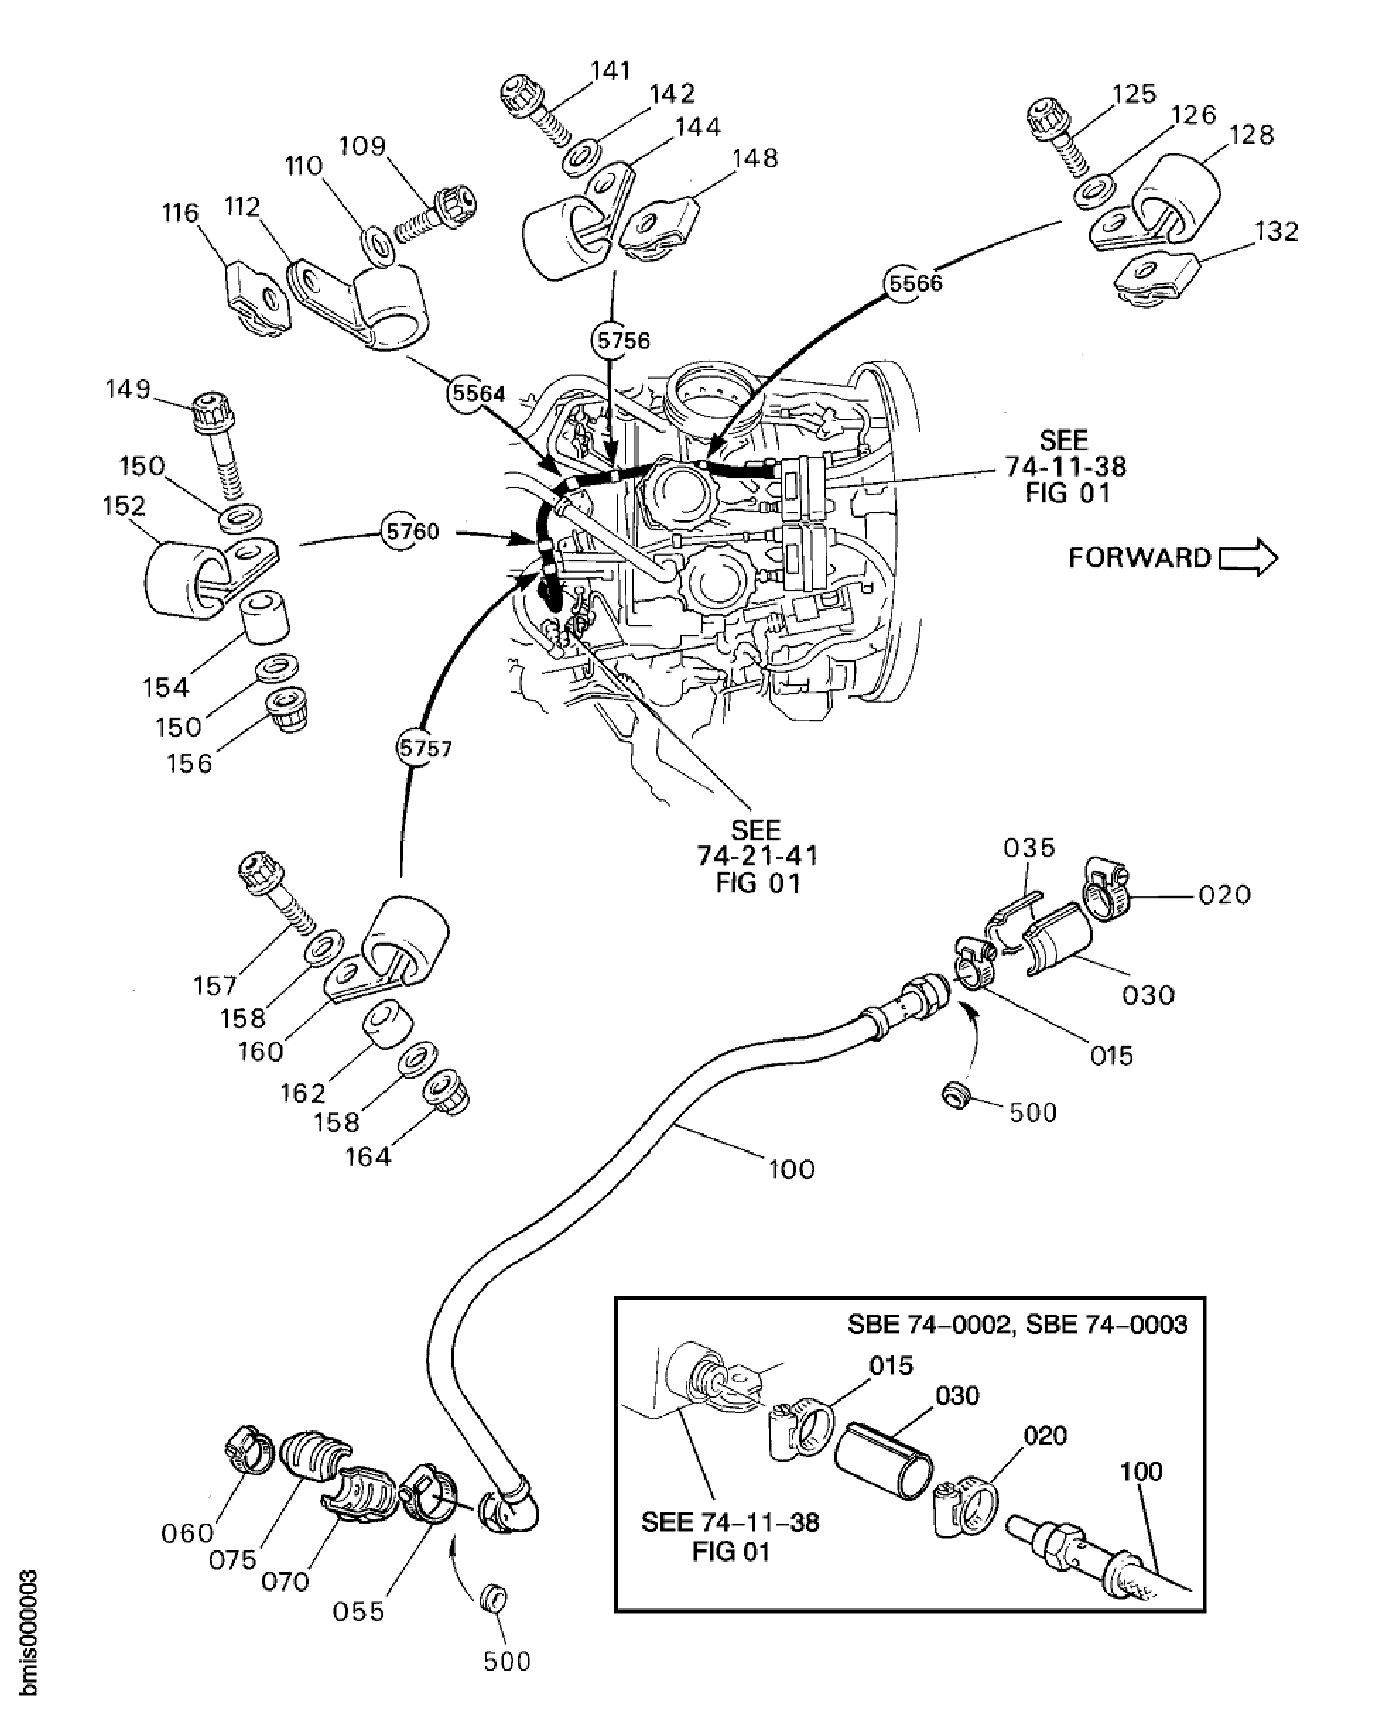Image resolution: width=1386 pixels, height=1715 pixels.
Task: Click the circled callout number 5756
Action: tap(623, 341)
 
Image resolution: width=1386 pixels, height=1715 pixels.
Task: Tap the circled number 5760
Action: tap(411, 532)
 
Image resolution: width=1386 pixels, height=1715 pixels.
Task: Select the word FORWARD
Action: tap(1139, 557)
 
